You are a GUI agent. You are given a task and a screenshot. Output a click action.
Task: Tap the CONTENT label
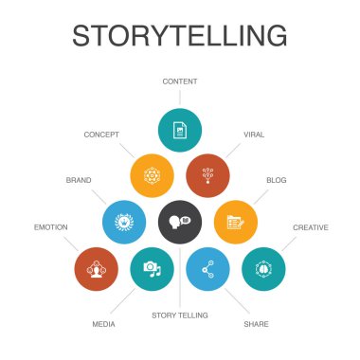tap(179, 81)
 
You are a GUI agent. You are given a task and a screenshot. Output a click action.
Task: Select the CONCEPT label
tap(102, 135)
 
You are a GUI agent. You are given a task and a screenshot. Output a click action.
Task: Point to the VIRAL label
tap(254, 135)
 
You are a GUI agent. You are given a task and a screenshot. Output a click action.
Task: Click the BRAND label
tap(78, 178)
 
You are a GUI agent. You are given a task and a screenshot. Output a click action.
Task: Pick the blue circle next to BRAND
tap(123, 221)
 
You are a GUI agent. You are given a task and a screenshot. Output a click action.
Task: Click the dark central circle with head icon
tap(179, 221)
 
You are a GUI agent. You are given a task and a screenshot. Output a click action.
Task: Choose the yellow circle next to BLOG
tap(235, 221)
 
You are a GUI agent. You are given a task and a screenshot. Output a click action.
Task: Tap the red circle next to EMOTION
tap(96, 268)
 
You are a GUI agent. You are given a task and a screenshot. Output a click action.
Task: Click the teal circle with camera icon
tap(152, 268)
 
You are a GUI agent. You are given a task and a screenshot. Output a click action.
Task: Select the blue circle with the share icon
tap(207, 268)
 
